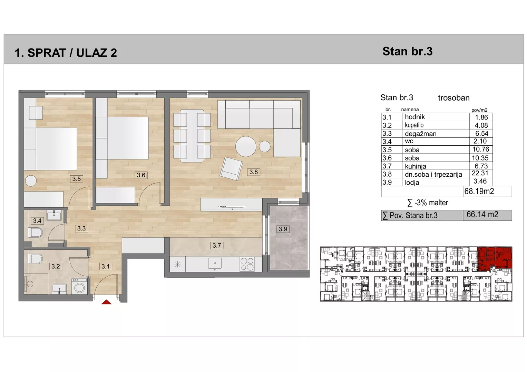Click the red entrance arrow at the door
(x=106, y=302)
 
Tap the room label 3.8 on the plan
(x=253, y=172)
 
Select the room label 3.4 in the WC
(x=37, y=221)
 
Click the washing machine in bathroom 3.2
(x=79, y=286)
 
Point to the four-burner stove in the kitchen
(x=247, y=264)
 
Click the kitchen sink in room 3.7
(x=215, y=263)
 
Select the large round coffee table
(x=246, y=146)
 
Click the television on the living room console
(x=232, y=207)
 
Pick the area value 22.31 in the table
(x=480, y=173)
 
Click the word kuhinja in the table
(x=416, y=166)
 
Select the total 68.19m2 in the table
(x=479, y=191)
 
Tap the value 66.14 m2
(x=482, y=214)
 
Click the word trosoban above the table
(x=453, y=98)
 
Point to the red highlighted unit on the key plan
(x=495, y=258)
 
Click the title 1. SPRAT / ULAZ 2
(x=66, y=53)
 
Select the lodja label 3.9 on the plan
(x=283, y=229)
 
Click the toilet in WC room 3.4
(x=35, y=233)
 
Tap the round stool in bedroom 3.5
(x=31, y=181)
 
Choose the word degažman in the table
(x=420, y=134)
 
